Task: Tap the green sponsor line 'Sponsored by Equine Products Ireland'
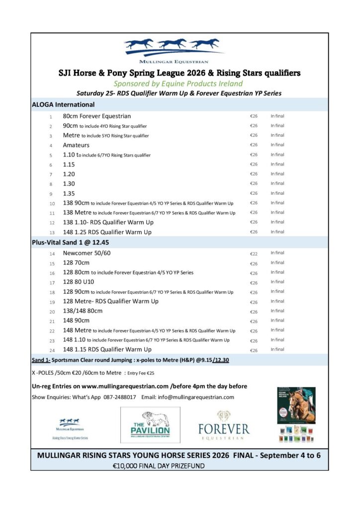point(178,84)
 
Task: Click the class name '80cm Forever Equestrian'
point(97,116)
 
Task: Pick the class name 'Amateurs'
point(76,145)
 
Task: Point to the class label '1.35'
point(69,193)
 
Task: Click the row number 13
point(51,232)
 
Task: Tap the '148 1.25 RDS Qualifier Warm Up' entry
point(107,232)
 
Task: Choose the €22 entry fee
point(254,254)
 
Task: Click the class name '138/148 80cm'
point(83,311)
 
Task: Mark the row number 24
point(51,350)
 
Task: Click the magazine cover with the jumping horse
point(296,405)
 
